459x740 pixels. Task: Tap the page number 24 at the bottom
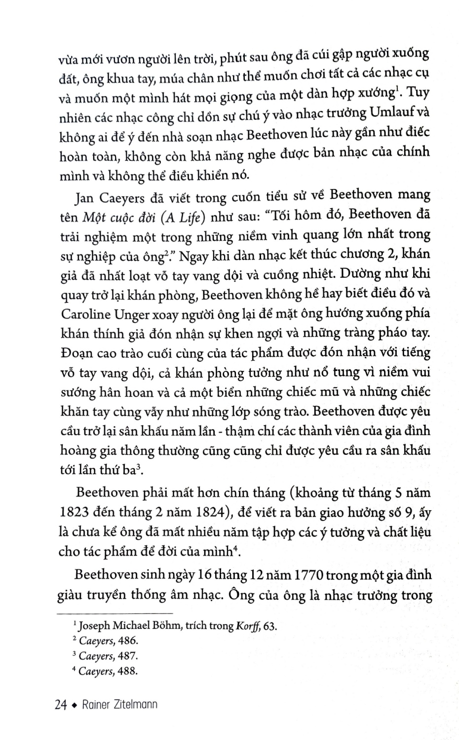61,705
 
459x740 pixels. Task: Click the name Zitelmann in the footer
133,705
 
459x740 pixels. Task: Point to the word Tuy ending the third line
419,92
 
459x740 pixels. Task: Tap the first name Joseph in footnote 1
95,626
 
